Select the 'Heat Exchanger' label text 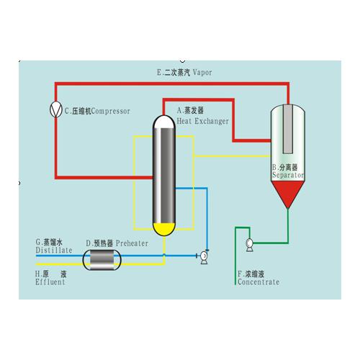point(202,121)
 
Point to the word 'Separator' point(287,175)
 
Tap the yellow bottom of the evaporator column point(165,230)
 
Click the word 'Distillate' point(53,251)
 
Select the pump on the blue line point(204,255)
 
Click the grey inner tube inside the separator point(288,130)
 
